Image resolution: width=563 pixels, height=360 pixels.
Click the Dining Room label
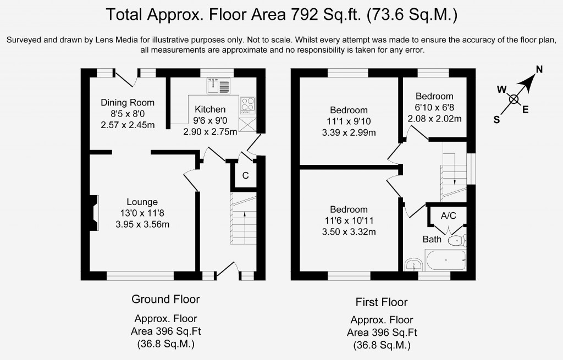[128, 103]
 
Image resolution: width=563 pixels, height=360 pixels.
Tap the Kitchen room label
[210, 109]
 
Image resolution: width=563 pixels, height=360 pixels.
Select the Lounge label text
[142, 202]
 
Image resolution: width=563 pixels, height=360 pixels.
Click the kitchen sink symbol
[218, 86]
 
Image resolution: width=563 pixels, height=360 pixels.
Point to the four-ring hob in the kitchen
[247, 106]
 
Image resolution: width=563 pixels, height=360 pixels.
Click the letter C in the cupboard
[246, 175]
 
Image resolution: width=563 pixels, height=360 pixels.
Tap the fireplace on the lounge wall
[93, 213]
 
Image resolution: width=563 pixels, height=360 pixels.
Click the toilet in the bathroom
[457, 240]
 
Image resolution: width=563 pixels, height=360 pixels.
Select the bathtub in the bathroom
[445, 261]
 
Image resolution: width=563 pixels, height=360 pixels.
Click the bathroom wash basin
[415, 265]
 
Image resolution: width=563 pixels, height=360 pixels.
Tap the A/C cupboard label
[449, 215]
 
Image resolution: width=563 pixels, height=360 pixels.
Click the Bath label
[432, 239]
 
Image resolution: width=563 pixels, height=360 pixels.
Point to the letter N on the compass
[539, 69]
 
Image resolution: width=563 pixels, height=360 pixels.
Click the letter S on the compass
[496, 120]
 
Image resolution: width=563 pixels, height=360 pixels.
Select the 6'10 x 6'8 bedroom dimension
[434, 107]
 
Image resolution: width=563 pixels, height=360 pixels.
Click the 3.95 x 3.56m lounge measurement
[142, 225]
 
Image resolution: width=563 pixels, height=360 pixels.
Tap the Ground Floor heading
[165, 299]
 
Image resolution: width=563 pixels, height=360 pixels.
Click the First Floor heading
[382, 302]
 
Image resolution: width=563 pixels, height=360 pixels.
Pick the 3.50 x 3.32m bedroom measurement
[349, 232]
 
